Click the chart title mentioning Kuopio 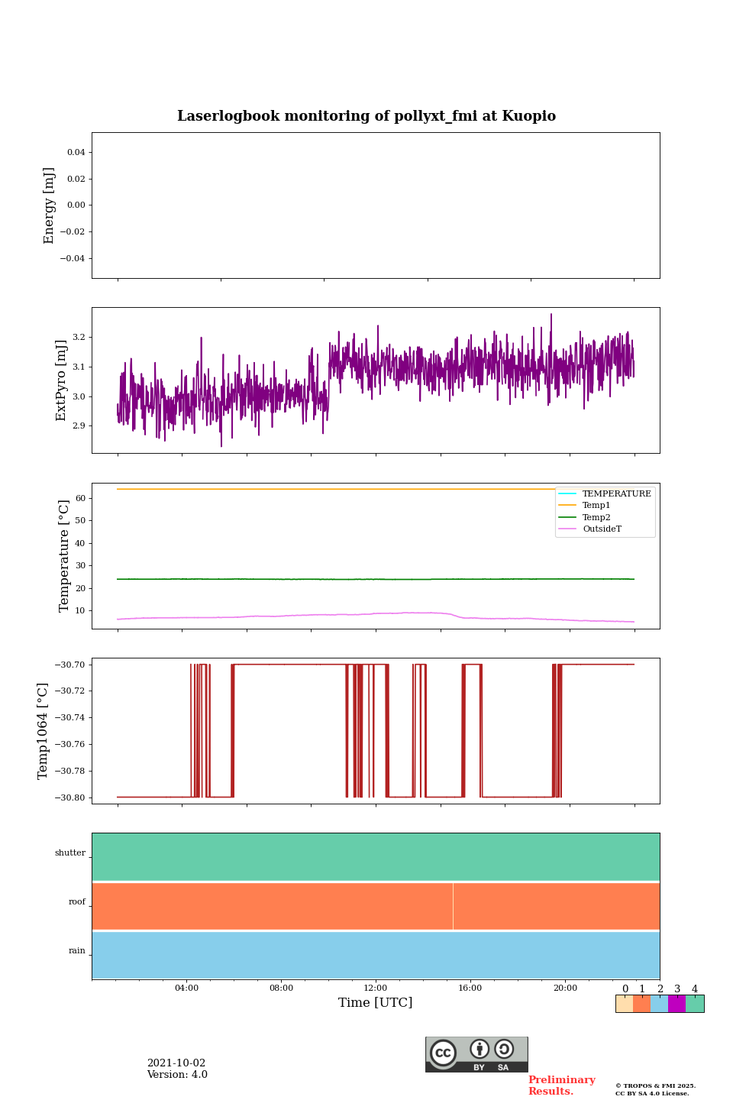[366, 116]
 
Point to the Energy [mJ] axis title [50, 205]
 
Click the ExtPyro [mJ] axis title [61, 380]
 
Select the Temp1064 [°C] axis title [43, 731]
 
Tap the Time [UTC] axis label [375, 1002]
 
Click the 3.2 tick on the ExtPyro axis [78, 337]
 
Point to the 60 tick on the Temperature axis [79, 498]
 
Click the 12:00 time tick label [376, 988]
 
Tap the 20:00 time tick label [565, 988]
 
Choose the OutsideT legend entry [602, 529]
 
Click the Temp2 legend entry [596, 517]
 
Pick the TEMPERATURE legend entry [616, 494]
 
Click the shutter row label [70, 853]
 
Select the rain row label [77, 951]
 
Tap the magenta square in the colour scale [676, 1004]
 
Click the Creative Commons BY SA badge [476, 1054]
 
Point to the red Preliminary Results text [561, 1085]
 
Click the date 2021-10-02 [176, 1063]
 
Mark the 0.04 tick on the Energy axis [76, 152]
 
